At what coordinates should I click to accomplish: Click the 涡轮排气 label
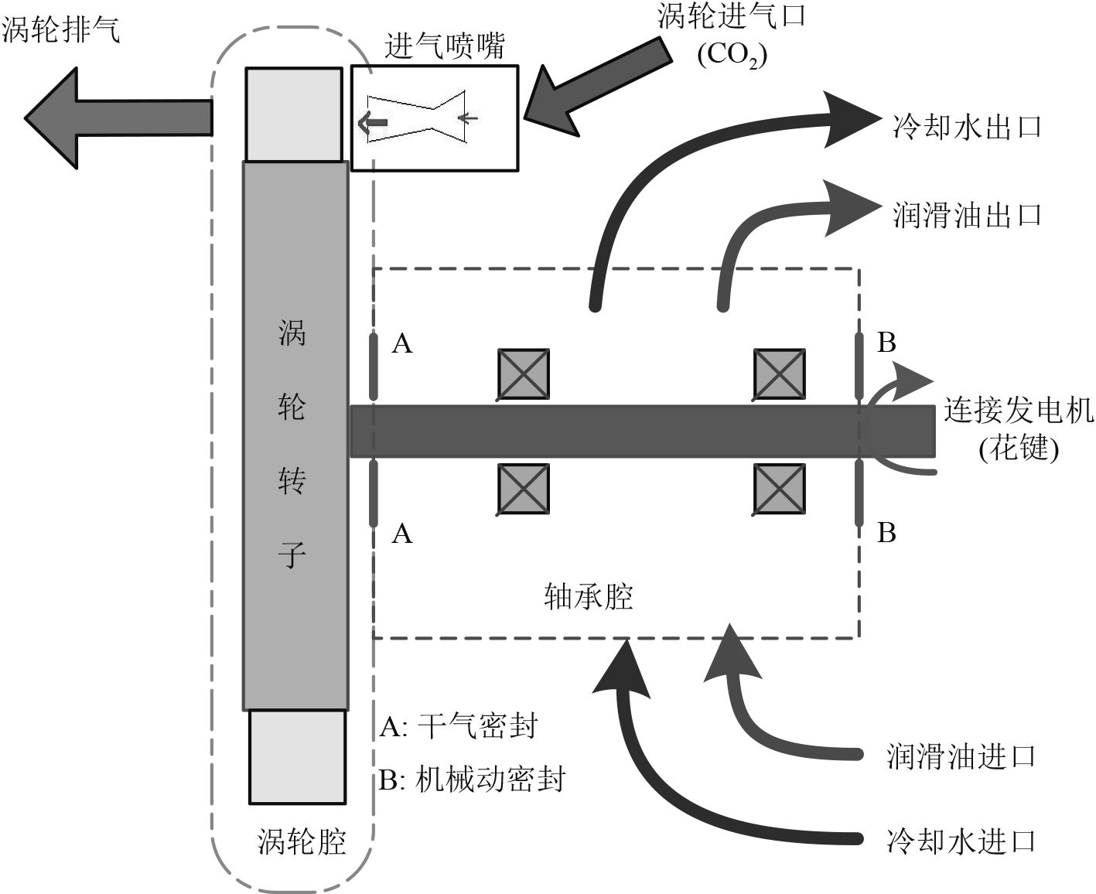pyautogui.click(x=62, y=31)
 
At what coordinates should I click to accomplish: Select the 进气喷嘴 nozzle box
pyautogui.click(x=435, y=118)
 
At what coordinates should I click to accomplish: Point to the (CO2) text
pyautogui.click(x=732, y=56)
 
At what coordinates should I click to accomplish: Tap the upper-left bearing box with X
pyautogui.click(x=523, y=374)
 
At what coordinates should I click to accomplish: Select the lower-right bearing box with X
pyautogui.click(x=780, y=490)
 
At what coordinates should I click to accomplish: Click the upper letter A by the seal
pyautogui.click(x=402, y=343)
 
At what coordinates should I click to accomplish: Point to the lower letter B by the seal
pyautogui.click(x=886, y=533)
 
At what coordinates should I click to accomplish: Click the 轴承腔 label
pyautogui.click(x=589, y=596)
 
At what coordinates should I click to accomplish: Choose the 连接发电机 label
pyautogui.click(x=1018, y=411)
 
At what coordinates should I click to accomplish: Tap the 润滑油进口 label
pyautogui.click(x=961, y=756)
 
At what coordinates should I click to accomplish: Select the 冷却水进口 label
pyautogui.click(x=961, y=841)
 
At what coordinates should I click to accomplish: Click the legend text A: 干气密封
pyautogui.click(x=458, y=726)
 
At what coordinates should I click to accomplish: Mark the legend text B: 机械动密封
pyautogui.click(x=472, y=779)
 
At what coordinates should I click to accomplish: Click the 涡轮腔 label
pyautogui.click(x=302, y=841)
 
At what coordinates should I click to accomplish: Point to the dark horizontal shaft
pyautogui.click(x=642, y=431)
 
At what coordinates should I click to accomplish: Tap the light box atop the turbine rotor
pyautogui.click(x=294, y=114)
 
